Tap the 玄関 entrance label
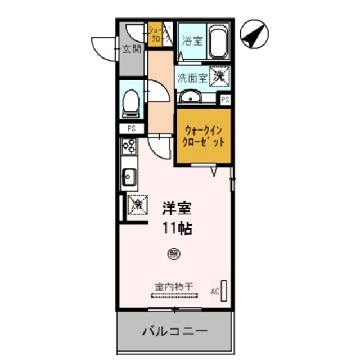point(132,49)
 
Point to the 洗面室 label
point(192,77)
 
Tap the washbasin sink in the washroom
point(191,97)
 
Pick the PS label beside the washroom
point(225,100)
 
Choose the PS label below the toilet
point(132,128)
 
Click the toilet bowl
point(131,103)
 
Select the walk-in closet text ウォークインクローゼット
point(203,137)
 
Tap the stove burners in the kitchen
point(129,147)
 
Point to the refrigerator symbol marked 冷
point(137,205)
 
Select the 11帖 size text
point(177,228)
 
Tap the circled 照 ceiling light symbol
point(174,254)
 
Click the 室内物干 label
point(174,287)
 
